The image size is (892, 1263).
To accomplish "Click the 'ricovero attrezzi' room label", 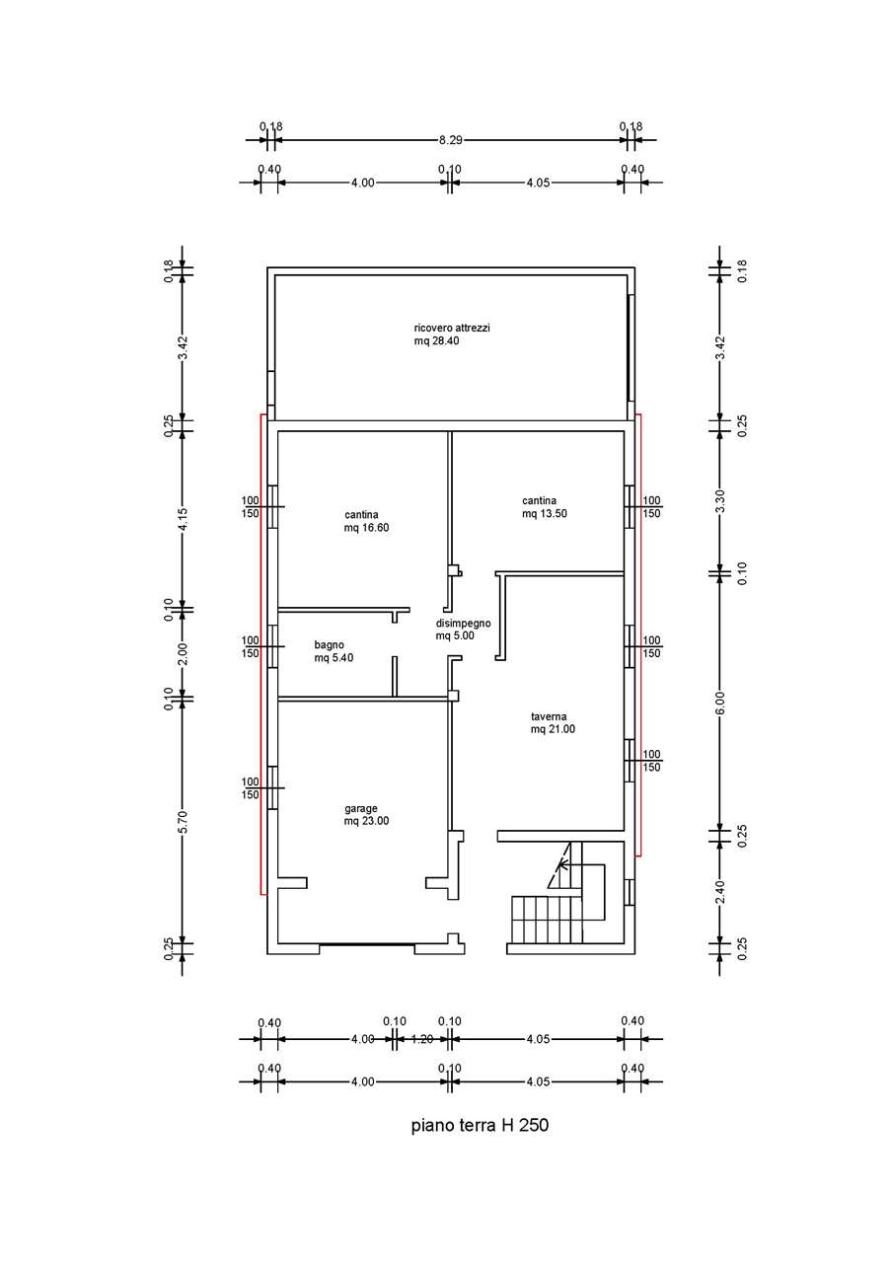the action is (x=452, y=328).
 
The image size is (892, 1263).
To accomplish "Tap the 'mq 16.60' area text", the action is (x=366, y=528).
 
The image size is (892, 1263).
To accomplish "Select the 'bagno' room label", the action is (x=330, y=645).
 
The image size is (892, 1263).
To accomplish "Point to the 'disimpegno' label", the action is (x=464, y=623).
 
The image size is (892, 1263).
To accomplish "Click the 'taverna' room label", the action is (x=549, y=716).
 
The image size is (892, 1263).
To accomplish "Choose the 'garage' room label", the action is (x=361, y=808).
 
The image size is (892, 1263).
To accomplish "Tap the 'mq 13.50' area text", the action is (x=545, y=514).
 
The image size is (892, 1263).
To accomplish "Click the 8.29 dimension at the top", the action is (x=451, y=140).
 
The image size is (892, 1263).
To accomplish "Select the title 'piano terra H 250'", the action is (x=480, y=1126).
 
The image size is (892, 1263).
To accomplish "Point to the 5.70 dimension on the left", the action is (x=183, y=821).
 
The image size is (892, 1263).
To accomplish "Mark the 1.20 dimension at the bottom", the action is (x=421, y=1039).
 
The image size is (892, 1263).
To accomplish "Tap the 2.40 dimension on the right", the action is (x=720, y=892).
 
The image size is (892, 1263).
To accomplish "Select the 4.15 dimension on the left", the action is (x=183, y=519).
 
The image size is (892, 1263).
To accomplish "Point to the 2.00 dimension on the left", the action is (x=183, y=653).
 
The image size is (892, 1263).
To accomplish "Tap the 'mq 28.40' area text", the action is (x=436, y=340).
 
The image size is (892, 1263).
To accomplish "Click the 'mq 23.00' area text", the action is (x=366, y=821).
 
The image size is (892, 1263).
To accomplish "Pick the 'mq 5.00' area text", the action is (x=455, y=635).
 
